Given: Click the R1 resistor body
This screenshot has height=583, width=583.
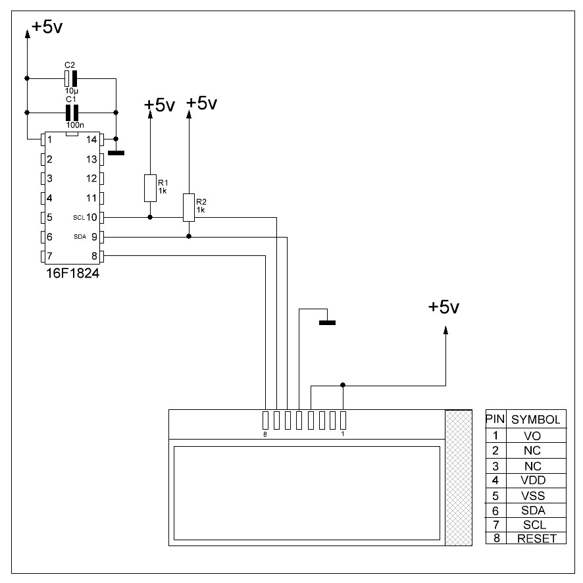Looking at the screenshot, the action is click(150, 188).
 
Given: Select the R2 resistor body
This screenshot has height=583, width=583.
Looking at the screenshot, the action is click(189, 207).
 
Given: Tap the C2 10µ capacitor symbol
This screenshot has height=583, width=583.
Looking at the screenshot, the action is click(70, 78).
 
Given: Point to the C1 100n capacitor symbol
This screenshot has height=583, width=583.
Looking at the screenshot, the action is click(72, 113).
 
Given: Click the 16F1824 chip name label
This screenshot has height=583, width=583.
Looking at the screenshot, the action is click(72, 273).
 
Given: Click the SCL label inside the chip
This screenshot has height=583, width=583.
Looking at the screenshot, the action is click(79, 218).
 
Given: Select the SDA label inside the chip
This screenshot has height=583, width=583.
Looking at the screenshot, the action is click(80, 237).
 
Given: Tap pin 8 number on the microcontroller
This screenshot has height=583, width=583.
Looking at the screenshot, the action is click(94, 256).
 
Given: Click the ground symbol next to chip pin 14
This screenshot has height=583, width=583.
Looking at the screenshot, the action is click(116, 153).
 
